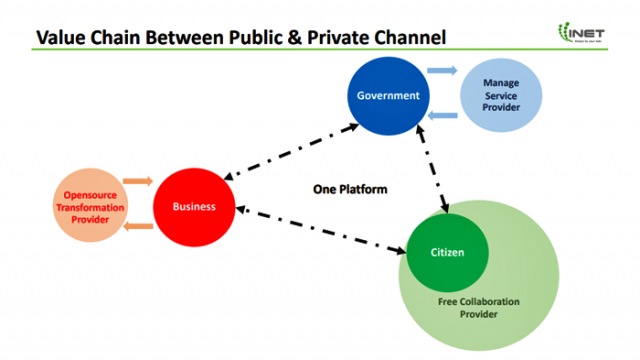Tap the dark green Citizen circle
[x=447, y=252]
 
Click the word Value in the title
[x=60, y=38]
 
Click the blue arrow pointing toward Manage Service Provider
[x=441, y=71]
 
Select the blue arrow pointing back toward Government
[x=441, y=116]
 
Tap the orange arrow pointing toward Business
[x=139, y=182]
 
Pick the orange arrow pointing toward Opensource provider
[x=139, y=227]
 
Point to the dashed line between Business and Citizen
[x=320, y=228]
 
